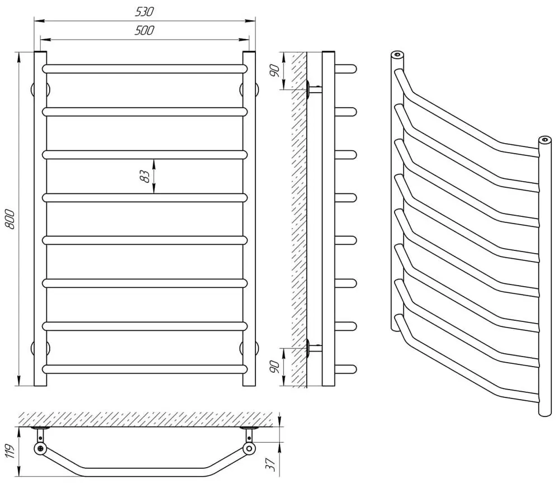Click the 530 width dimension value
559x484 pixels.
click(145, 12)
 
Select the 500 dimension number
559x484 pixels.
click(145, 31)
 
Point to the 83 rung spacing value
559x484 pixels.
click(145, 175)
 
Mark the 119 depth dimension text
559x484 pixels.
click(8, 448)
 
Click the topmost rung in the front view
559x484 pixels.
click(145, 69)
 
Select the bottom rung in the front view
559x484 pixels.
click(145, 369)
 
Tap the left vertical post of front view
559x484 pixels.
click(40, 219)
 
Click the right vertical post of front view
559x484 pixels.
click(249, 219)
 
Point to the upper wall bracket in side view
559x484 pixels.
click(314, 89)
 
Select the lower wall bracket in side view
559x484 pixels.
click(314, 348)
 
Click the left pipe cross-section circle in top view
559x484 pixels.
click(40, 449)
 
